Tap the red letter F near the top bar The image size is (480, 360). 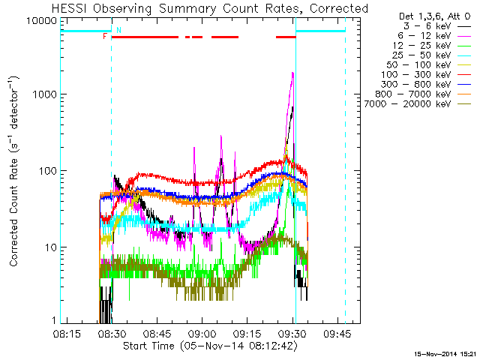[x=106, y=36]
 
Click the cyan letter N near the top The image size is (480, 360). [x=118, y=30]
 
